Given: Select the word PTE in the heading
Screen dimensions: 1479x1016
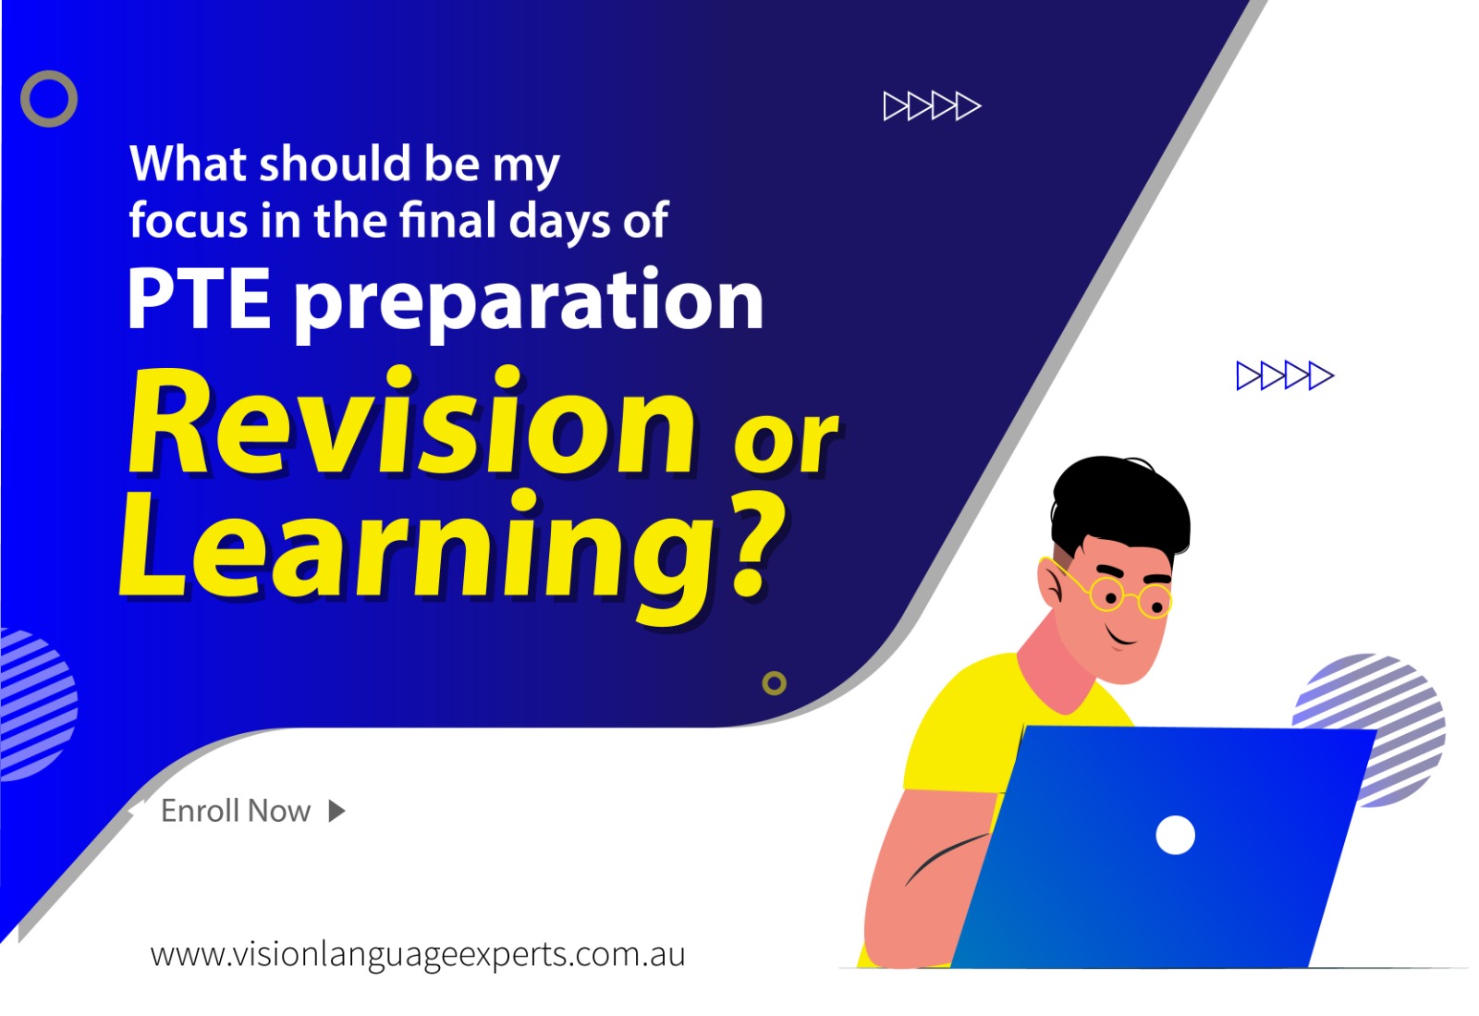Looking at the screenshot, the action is [x=199, y=300].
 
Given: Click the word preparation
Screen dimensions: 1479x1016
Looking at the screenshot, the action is [x=529, y=303].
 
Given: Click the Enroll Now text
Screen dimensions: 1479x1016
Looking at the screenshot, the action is [x=236, y=811].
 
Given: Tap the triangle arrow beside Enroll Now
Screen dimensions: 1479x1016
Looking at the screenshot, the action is [x=336, y=812].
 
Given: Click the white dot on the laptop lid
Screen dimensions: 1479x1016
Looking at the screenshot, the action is [x=1175, y=835].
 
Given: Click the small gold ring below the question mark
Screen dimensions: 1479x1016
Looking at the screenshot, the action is [x=775, y=673].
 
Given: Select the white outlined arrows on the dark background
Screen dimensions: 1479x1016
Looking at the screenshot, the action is [x=933, y=106].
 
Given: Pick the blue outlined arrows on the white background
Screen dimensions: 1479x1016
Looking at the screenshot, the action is [x=1285, y=376].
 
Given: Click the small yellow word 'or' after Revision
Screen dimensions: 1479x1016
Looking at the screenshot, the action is [x=786, y=442].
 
